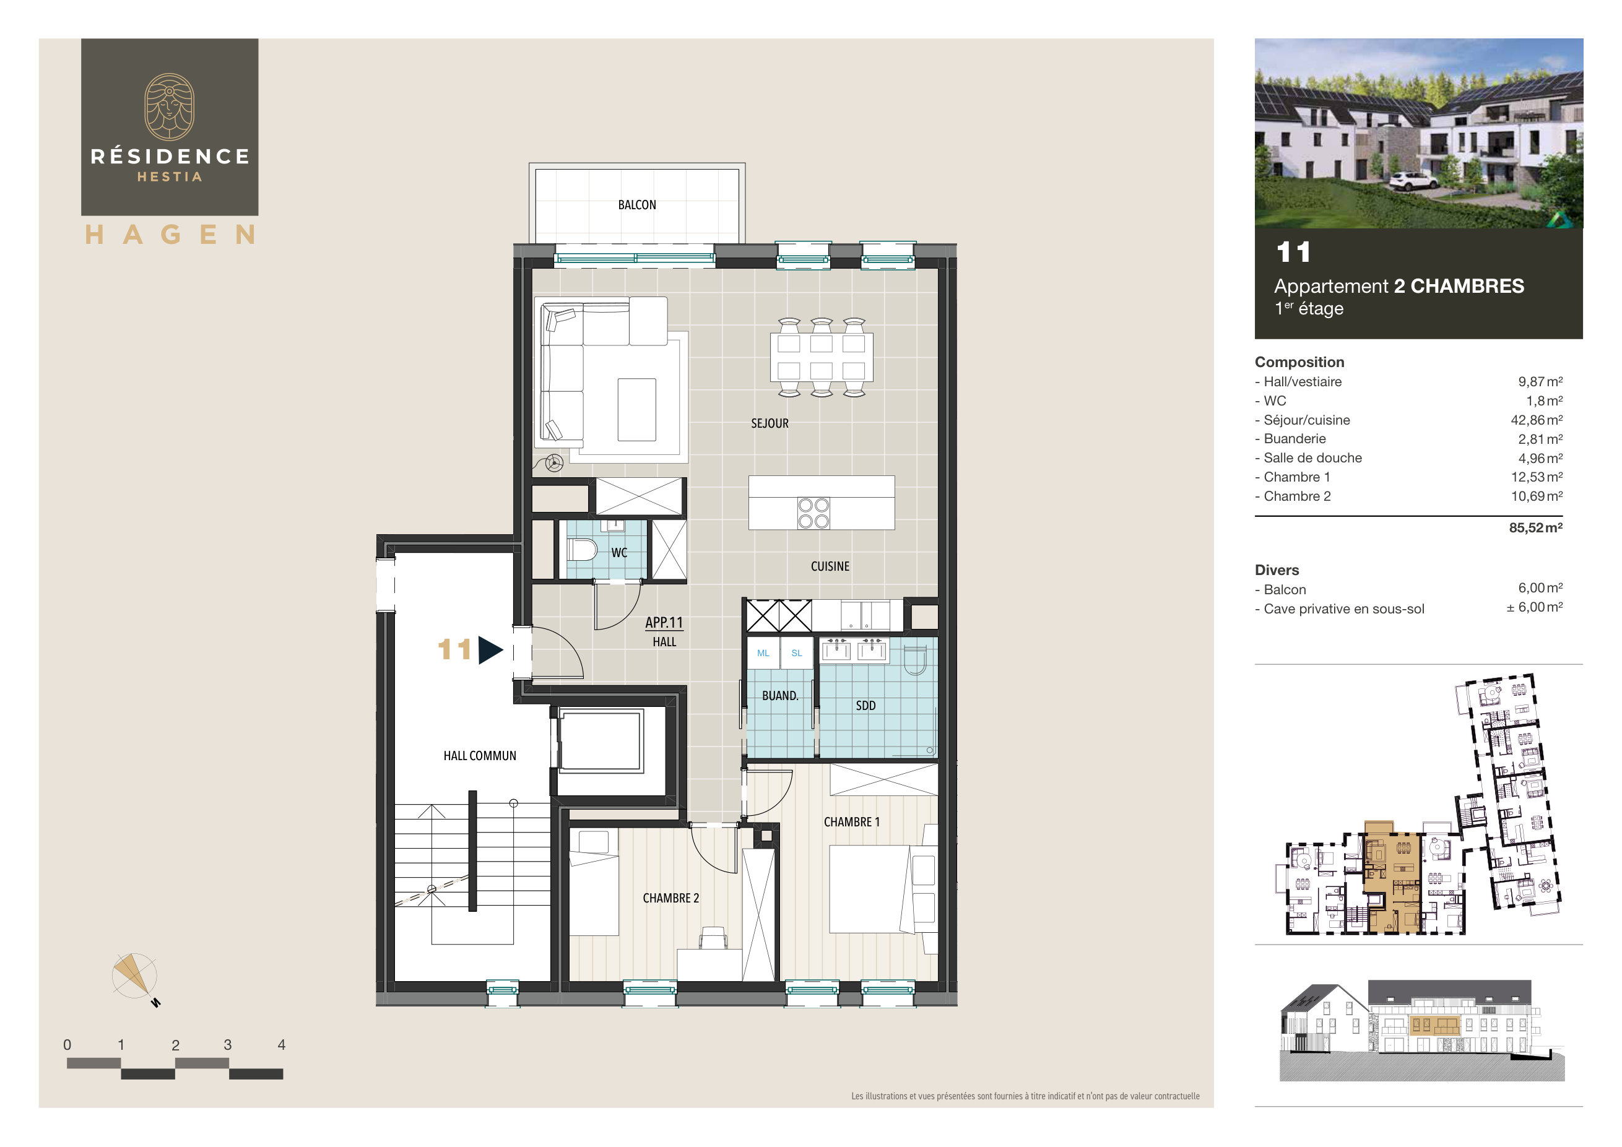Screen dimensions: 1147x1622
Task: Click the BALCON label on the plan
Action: [x=636, y=205]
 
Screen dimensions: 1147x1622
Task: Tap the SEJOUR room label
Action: [x=770, y=423]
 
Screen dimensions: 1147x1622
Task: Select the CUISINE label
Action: [x=830, y=566]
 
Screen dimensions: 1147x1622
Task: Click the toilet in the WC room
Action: [x=581, y=550]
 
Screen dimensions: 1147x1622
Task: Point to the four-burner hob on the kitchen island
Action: [x=813, y=514]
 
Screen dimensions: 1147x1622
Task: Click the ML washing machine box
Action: [x=763, y=653]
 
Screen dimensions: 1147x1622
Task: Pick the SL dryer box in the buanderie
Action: [x=796, y=653]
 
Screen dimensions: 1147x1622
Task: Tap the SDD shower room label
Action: [x=865, y=706]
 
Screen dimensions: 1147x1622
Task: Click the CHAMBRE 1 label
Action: [x=851, y=822]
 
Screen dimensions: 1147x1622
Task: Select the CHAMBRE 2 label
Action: [x=670, y=898]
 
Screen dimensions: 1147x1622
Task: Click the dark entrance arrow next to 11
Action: [x=490, y=650]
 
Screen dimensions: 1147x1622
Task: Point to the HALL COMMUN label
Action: [x=480, y=756]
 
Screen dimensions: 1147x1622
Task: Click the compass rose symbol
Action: [x=134, y=976]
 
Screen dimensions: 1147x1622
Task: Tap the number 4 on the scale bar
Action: [x=281, y=1045]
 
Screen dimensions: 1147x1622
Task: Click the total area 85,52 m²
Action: [x=1535, y=527]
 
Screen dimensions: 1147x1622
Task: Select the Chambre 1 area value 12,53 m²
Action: [x=1536, y=477]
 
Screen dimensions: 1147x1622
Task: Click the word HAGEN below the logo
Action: [x=170, y=235]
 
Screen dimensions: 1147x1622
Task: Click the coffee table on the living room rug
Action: [x=636, y=410]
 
